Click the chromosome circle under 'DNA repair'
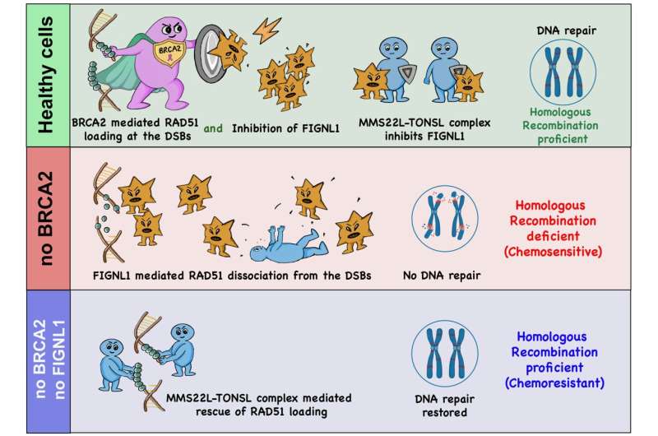(x=556, y=72)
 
